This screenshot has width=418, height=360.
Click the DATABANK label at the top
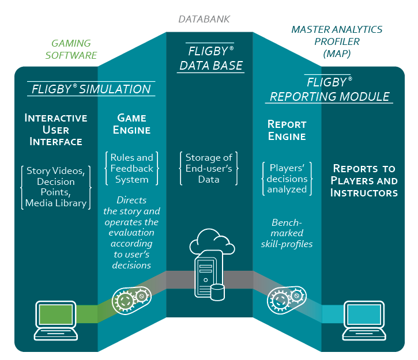[x=204, y=20]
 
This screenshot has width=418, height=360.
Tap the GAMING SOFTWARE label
[x=71, y=49]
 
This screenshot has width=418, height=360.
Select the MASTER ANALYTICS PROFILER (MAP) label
[x=337, y=41]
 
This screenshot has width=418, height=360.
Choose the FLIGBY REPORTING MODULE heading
[x=329, y=89]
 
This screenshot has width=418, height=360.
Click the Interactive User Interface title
[x=56, y=129]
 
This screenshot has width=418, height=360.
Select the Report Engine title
[x=287, y=130]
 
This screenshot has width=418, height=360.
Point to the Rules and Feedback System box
[x=132, y=168]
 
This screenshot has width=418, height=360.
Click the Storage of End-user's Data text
[x=209, y=168]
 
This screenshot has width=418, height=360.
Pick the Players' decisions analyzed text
[x=287, y=179]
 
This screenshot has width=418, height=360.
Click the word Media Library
[x=56, y=203]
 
